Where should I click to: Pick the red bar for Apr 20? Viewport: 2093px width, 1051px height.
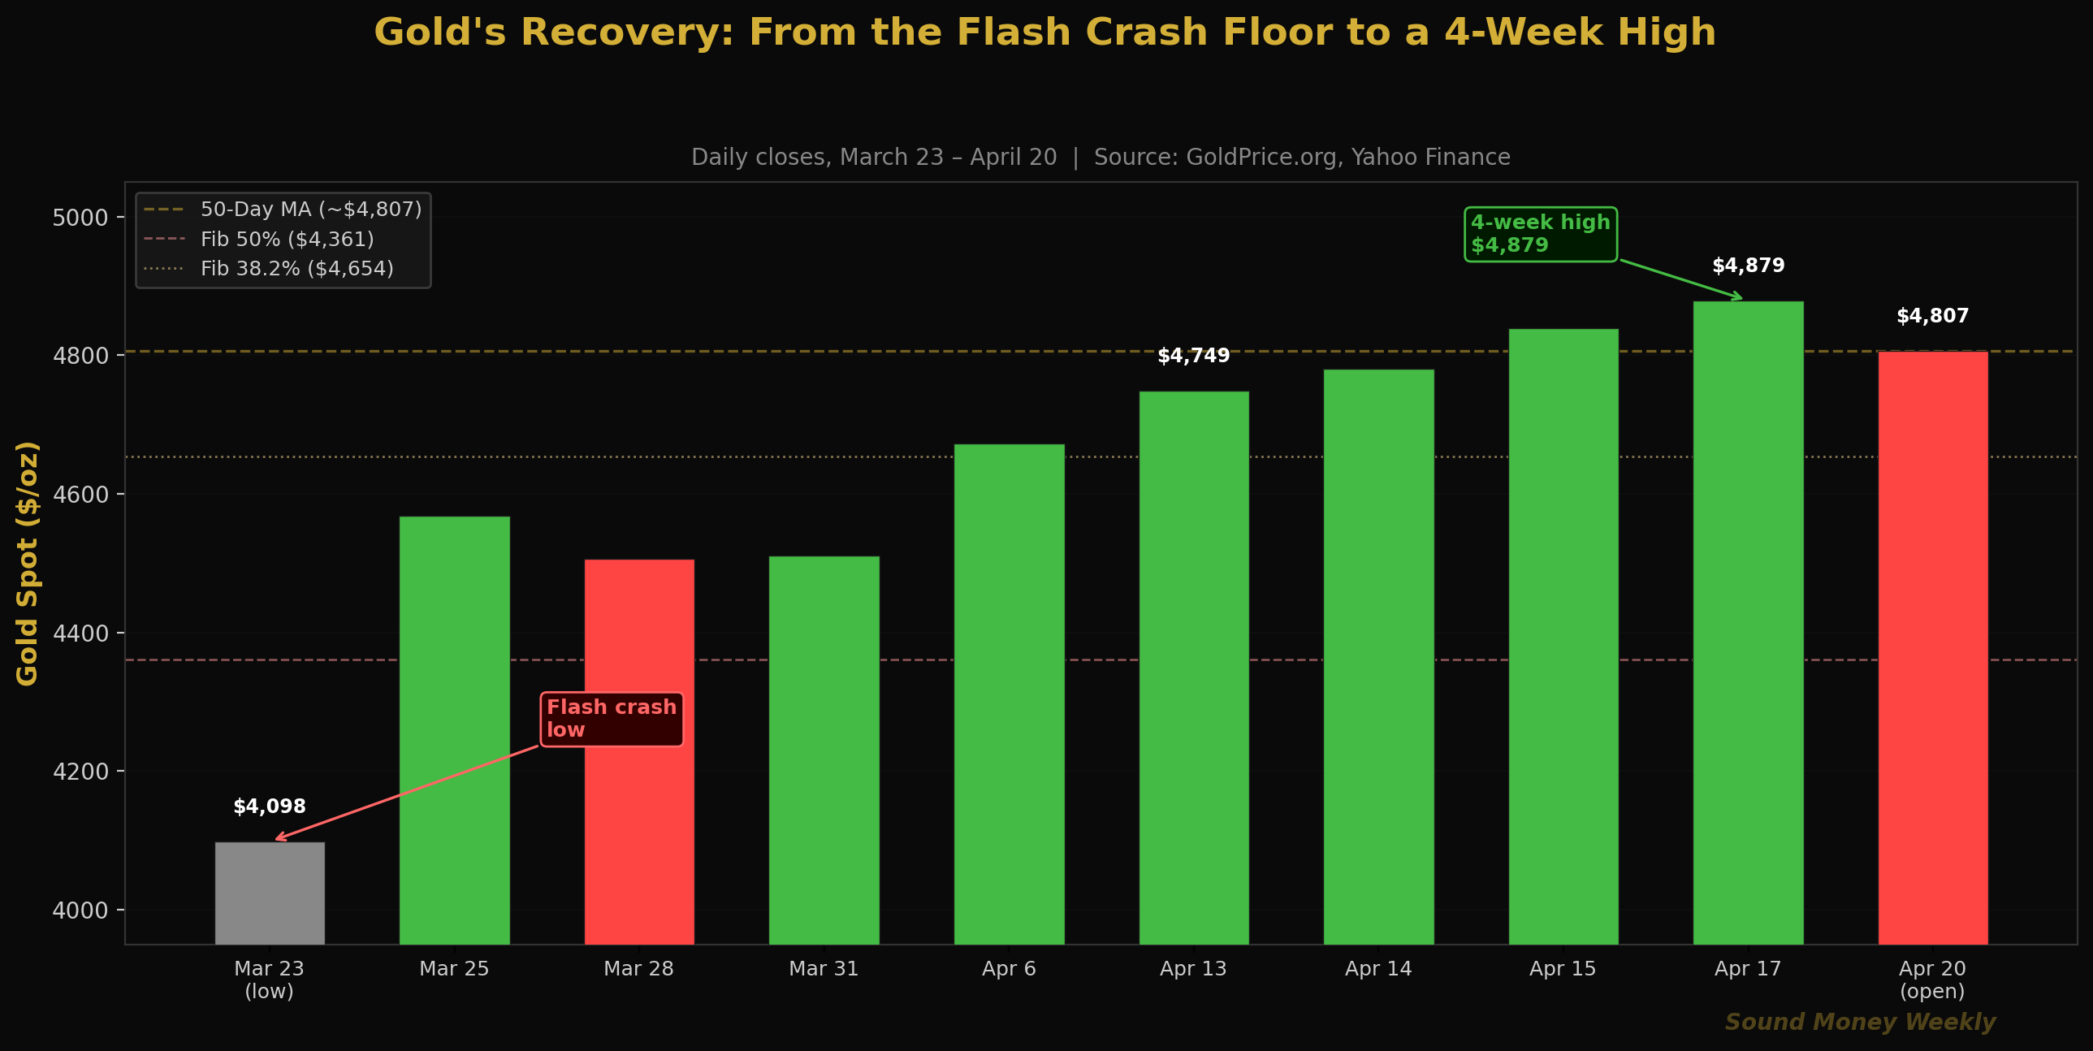click(x=1933, y=648)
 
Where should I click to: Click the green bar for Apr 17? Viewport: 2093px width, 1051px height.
click(x=1749, y=623)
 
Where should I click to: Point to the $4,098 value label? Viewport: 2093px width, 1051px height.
click(x=270, y=807)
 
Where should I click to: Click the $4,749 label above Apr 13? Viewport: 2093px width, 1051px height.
click(x=1194, y=356)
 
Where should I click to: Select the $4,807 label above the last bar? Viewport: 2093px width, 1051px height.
click(x=1933, y=316)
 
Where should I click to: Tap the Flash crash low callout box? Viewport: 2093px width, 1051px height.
click(x=612, y=719)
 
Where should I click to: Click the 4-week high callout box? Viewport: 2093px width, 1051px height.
click(x=1541, y=234)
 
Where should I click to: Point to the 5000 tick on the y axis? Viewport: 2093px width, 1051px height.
click(x=80, y=218)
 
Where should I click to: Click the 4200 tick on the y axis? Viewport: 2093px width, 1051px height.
click(x=80, y=772)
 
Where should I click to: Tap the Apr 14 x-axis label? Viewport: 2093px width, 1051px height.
click(x=1378, y=969)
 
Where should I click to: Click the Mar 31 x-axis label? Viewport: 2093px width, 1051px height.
click(x=824, y=969)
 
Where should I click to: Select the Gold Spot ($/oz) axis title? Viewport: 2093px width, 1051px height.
click(x=28, y=564)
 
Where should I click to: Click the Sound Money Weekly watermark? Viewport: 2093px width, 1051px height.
click(x=1860, y=1022)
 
